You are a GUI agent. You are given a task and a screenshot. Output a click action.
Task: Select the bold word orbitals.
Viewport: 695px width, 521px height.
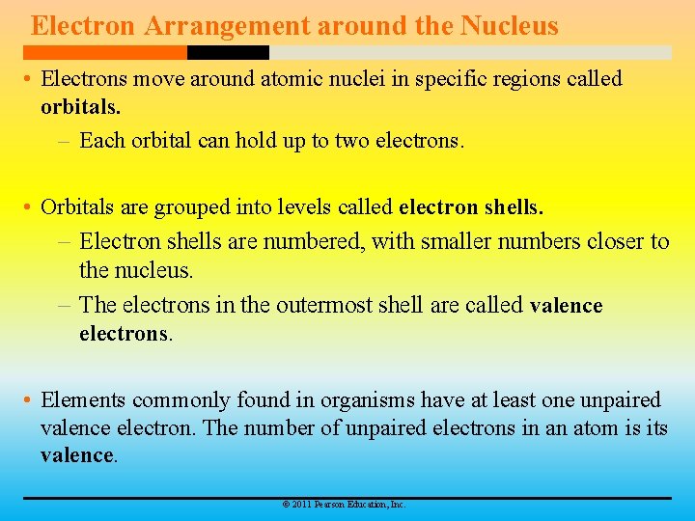(x=80, y=105)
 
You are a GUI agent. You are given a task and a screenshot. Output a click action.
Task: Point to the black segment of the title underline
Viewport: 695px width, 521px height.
(x=228, y=52)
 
